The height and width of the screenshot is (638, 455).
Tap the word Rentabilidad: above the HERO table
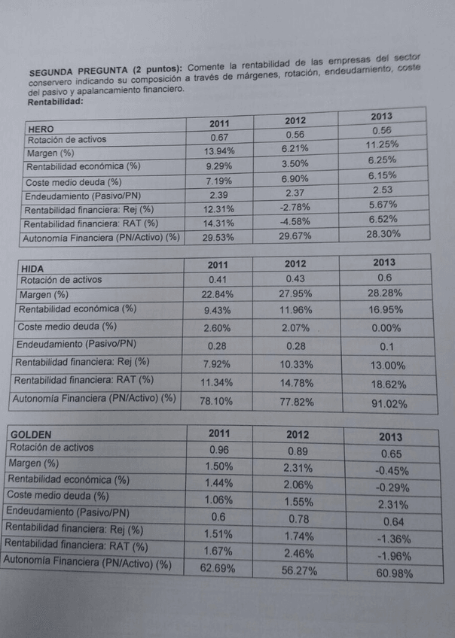[x=55, y=101]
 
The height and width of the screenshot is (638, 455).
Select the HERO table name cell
[x=41, y=129]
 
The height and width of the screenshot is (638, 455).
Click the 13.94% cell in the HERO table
[x=219, y=151]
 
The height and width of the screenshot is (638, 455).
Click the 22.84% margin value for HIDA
[x=218, y=294]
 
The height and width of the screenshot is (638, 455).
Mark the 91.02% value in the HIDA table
[x=389, y=403]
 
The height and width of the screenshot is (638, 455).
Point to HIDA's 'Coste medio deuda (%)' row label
[x=67, y=326]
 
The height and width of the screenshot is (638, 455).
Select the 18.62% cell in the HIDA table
[x=389, y=384]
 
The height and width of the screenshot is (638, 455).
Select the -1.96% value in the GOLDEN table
[x=391, y=557]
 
